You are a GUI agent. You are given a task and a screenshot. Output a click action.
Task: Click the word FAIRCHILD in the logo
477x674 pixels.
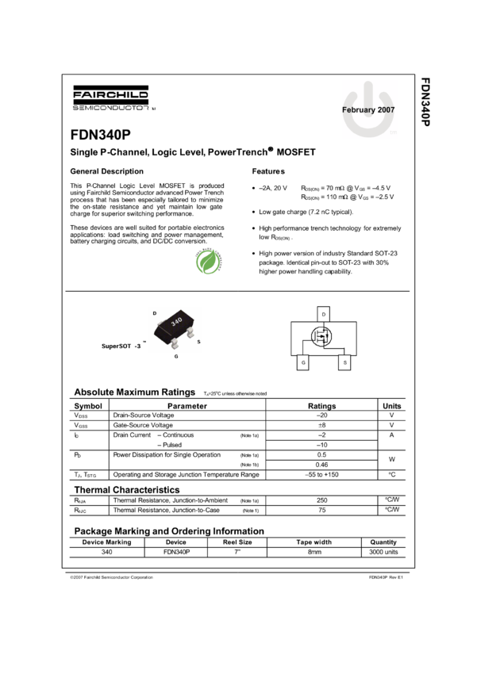111,96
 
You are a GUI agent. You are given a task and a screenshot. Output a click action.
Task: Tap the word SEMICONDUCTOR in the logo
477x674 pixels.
110,106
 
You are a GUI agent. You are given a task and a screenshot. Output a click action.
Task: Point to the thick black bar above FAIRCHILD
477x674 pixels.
113,88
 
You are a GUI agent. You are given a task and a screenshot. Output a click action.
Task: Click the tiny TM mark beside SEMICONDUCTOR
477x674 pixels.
154,108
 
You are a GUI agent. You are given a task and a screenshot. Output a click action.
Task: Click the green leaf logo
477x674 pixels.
209,261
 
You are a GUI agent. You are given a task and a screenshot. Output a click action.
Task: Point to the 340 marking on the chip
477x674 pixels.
176,320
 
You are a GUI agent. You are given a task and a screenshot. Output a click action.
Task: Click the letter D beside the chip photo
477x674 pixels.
154,313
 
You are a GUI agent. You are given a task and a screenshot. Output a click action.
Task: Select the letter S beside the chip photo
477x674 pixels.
198,343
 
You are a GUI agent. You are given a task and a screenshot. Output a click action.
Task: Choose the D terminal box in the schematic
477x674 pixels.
323,314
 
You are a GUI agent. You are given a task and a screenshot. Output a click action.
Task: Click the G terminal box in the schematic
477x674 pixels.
302,362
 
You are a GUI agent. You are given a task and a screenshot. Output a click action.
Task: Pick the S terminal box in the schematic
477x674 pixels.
344,362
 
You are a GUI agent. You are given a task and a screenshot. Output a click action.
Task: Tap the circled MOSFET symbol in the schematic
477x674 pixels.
323,336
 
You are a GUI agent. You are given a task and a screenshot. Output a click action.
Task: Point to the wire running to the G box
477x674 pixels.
302,349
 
